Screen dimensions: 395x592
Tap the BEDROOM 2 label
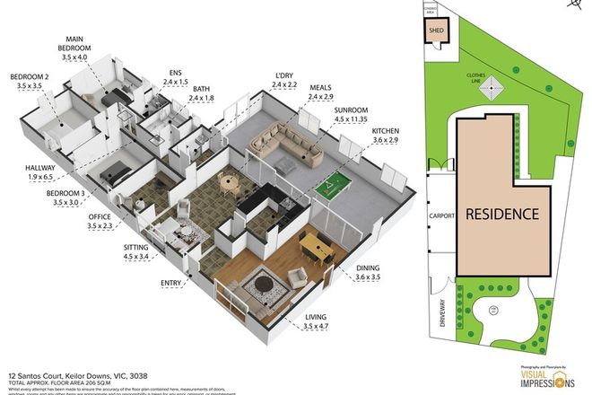[x=29, y=78]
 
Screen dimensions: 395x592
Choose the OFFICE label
[x=99, y=217]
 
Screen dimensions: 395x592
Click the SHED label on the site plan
[x=437, y=30]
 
